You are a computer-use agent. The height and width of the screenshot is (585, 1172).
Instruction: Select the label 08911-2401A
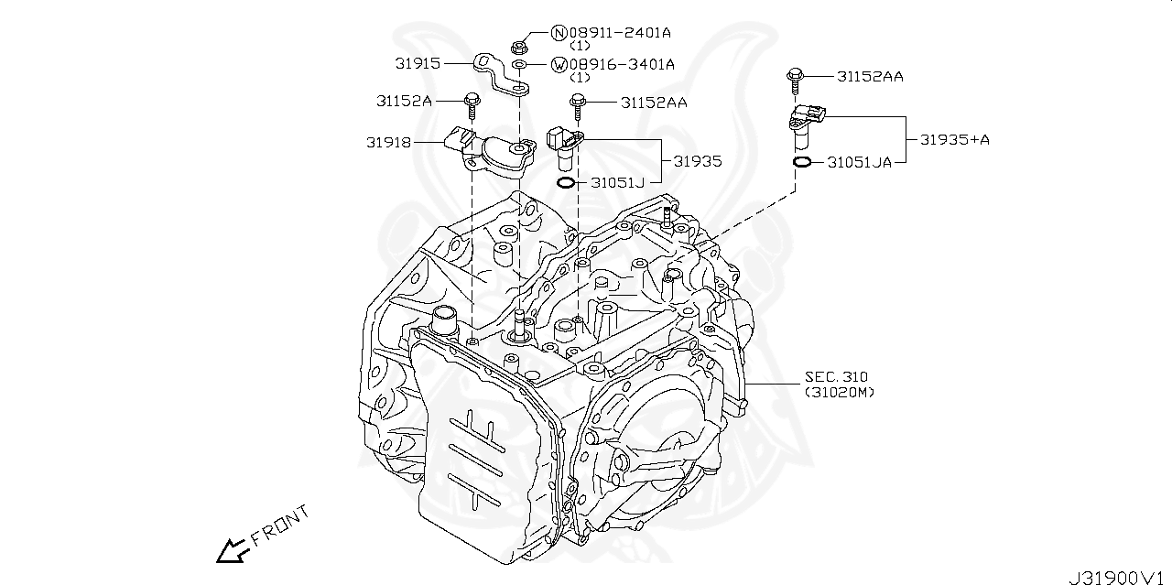620,33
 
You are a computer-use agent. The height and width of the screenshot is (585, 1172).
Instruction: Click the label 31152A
404,101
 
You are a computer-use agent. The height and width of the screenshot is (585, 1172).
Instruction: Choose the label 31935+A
955,140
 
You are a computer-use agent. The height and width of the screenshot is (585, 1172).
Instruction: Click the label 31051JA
859,162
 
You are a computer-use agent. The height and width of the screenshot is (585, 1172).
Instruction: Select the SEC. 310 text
836,376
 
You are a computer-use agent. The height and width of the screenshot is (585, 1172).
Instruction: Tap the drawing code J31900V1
1118,577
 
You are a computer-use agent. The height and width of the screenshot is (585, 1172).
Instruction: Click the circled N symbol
559,33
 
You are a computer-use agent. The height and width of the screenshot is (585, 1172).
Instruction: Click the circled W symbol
559,64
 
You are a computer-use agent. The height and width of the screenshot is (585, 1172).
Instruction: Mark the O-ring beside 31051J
568,182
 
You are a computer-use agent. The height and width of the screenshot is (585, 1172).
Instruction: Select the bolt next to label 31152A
472,106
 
